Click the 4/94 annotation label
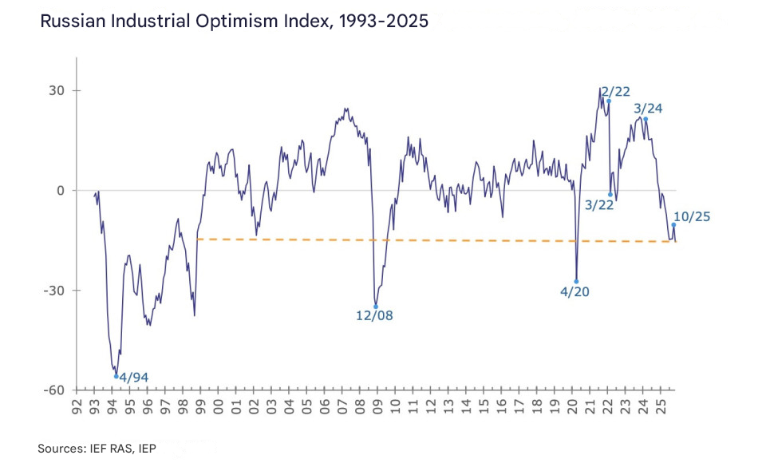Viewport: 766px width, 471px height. point(133,377)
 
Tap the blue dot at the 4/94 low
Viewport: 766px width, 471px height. point(116,376)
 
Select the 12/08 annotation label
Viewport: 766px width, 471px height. point(373,315)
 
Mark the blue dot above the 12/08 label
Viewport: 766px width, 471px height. point(376,307)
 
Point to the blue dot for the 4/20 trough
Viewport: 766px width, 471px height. point(576,281)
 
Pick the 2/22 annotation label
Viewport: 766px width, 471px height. point(616,92)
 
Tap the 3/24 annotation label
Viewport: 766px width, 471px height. point(649,109)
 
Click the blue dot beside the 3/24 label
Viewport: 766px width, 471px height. point(646,119)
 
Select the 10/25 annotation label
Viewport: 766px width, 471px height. point(691,216)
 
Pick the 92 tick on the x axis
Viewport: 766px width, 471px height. point(77,409)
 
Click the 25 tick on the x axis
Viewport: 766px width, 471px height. point(660,409)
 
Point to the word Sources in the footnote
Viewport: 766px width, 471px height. point(61,449)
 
